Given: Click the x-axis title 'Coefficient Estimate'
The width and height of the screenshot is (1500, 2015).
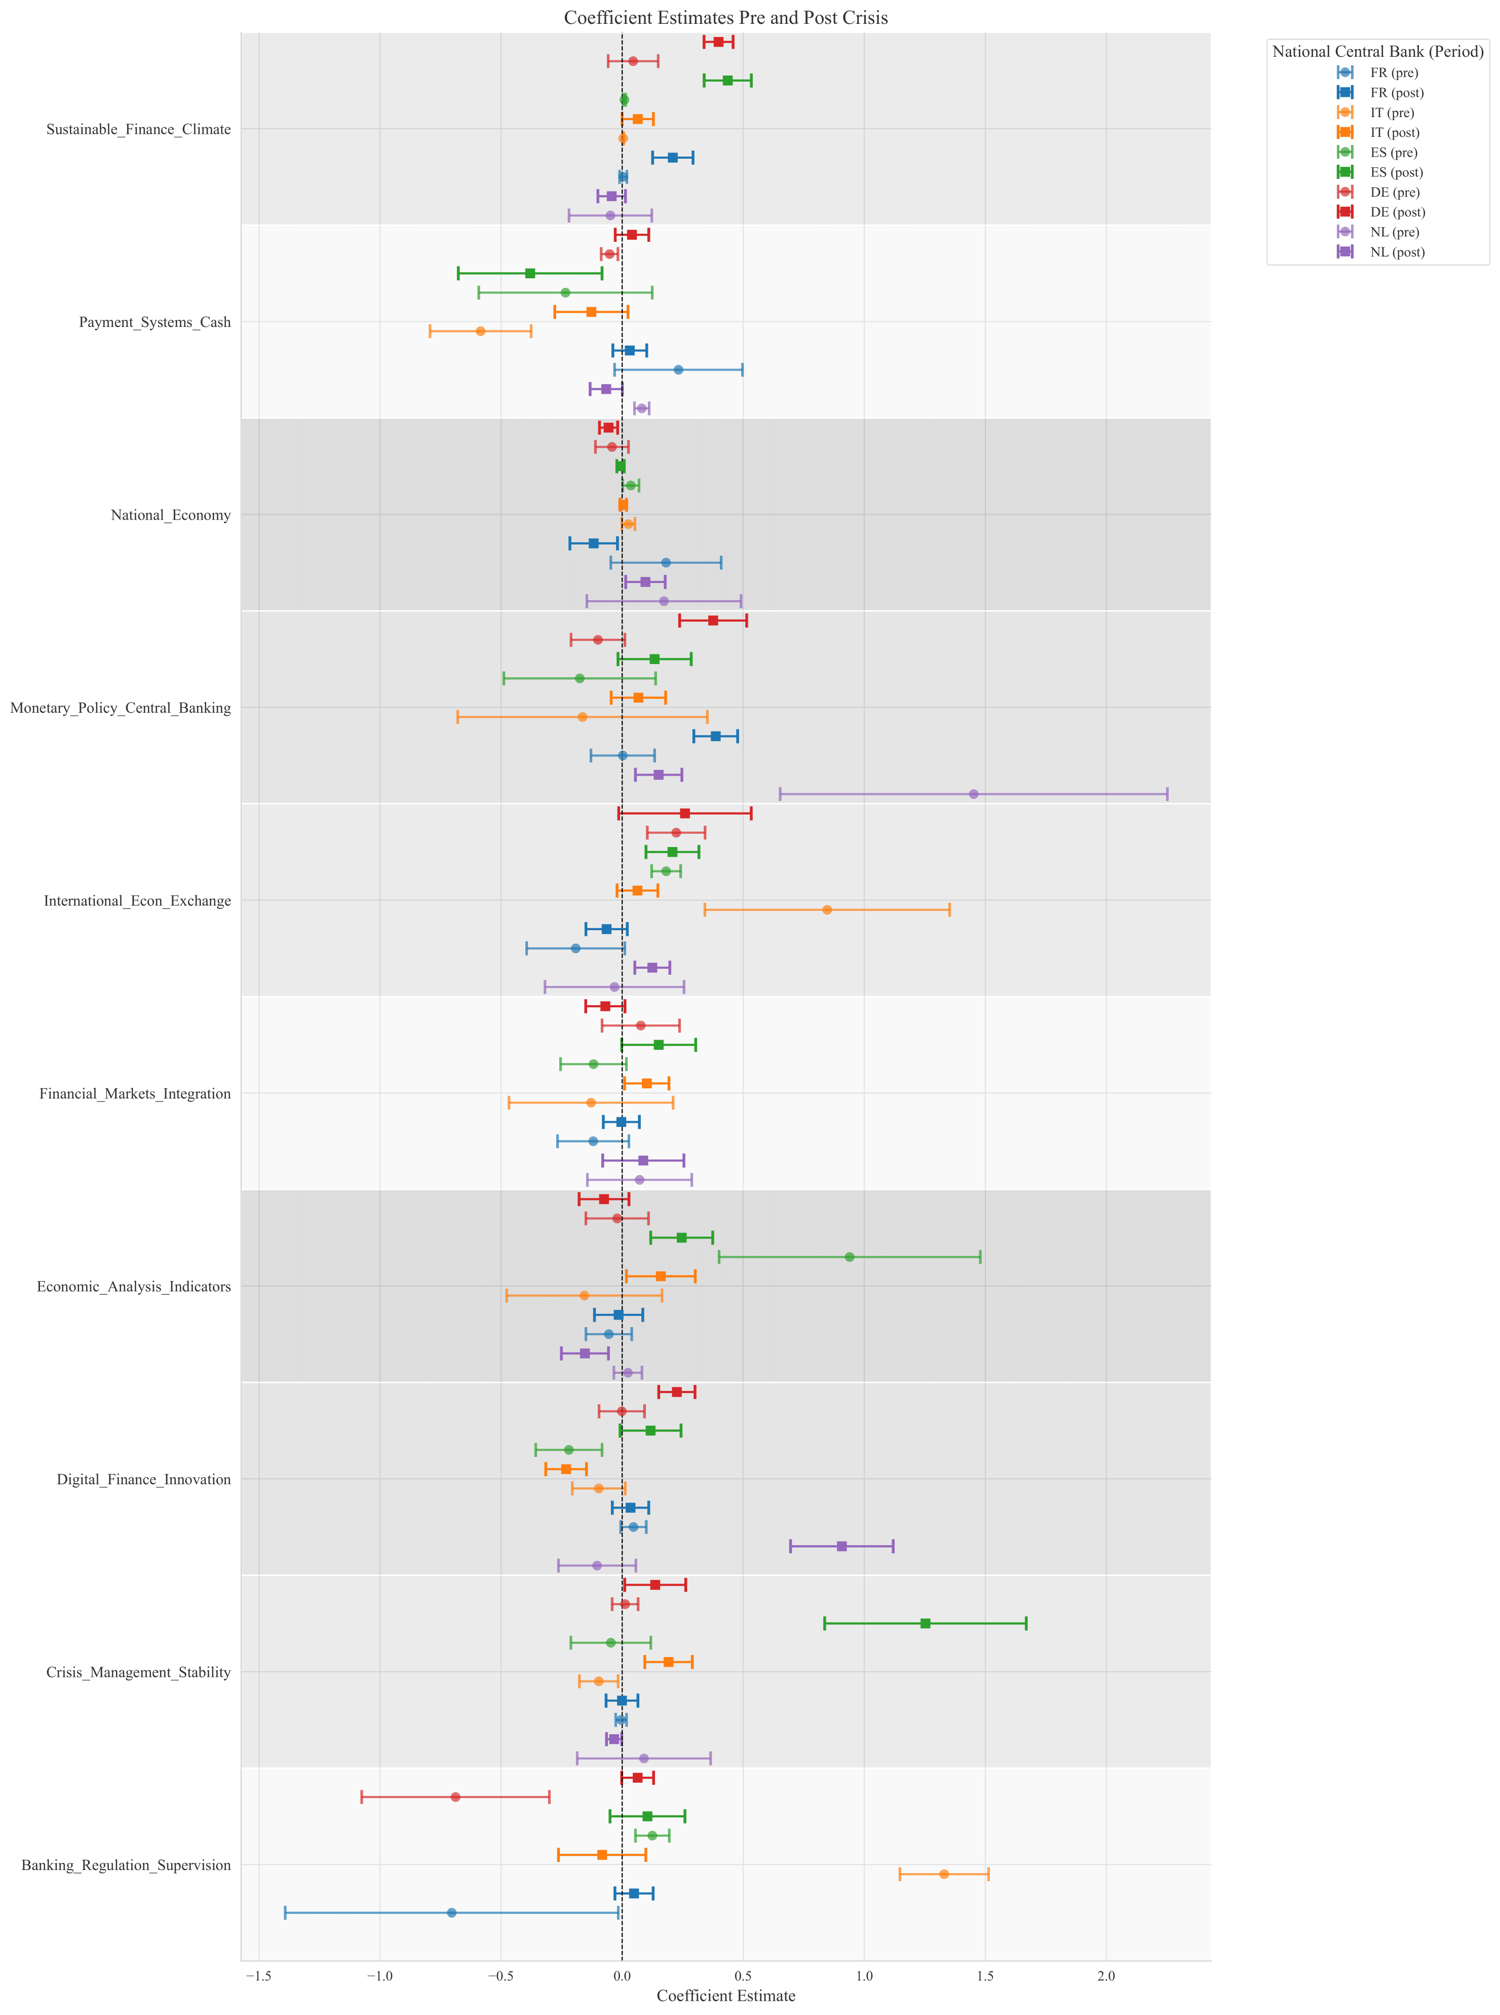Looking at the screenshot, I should pyautogui.click(x=725, y=1996).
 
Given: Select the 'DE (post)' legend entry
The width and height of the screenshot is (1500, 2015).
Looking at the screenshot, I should pyautogui.click(x=1397, y=212).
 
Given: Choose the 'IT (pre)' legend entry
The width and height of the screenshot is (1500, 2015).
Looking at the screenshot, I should pyautogui.click(x=1392, y=113).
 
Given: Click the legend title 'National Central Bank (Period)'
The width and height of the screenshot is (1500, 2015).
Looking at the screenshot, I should pyautogui.click(x=1377, y=52).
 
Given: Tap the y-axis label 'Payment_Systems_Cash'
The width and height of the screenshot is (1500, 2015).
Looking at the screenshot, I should pyautogui.click(x=155, y=322).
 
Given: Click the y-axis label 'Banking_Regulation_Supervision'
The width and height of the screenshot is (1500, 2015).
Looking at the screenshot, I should pyautogui.click(x=126, y=1865).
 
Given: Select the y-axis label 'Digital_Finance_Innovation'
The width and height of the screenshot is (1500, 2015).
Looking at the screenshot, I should pyautogui.click(x=143, y=1480).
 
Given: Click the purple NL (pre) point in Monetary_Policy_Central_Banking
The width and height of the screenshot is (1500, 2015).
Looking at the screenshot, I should pyautogui.click(x=973, y=794).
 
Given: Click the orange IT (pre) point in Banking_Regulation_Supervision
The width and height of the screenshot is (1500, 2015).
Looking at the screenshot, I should pyautogui.click(x=943, y=1874).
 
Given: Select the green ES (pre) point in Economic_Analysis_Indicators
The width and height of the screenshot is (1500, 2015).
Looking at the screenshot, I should pyautogui.click(x=849, y=1257).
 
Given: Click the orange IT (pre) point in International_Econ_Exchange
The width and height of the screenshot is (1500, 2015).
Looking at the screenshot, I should pyautogui.click(x=826, y=909).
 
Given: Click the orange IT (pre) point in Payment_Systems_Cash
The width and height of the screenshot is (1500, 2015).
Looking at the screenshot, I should pyautogui.click(x=480, y=332).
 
